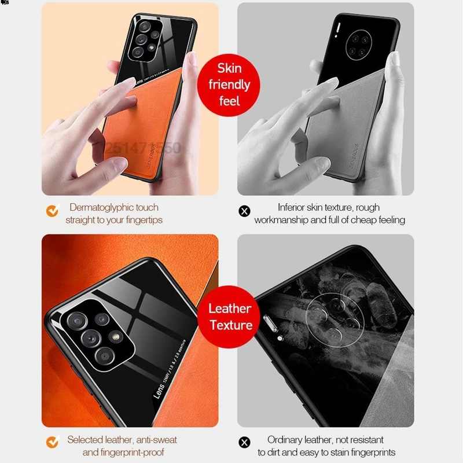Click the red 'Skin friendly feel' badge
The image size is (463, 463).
pyautogui.click(x=229, y=85)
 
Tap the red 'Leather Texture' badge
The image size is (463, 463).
pyautogui.click(x=230, y=317)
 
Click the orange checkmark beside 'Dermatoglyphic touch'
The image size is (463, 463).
pyautogui.click(x=53, y=211)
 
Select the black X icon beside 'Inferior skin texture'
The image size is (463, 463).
pyautogui.click(x=244, y=211)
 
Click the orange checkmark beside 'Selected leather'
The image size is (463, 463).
pyautogui.click(x=53, y=442)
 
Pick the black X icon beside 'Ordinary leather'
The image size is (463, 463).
pyautogui.click(x=244, y=443)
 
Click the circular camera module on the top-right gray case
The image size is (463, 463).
pyautogui.click(x=355, y=46)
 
